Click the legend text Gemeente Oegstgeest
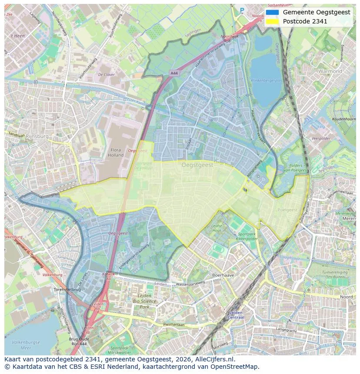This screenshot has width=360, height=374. coord(316,12)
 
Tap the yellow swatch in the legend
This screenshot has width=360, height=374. coord(272,21)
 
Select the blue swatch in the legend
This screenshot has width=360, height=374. coord(272,12)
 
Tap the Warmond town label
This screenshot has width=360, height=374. coord(330,71)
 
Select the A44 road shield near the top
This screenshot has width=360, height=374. coord(174,73)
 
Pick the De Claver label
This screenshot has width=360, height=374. coord(106,75)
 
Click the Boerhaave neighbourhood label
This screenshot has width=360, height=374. coord(223,275)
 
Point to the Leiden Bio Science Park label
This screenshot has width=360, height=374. coord(142,301)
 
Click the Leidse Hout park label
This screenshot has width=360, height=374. coord(217,228)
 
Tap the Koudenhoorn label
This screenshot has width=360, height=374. coord(343,119)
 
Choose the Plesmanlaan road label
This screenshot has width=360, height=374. coord(173,324)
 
